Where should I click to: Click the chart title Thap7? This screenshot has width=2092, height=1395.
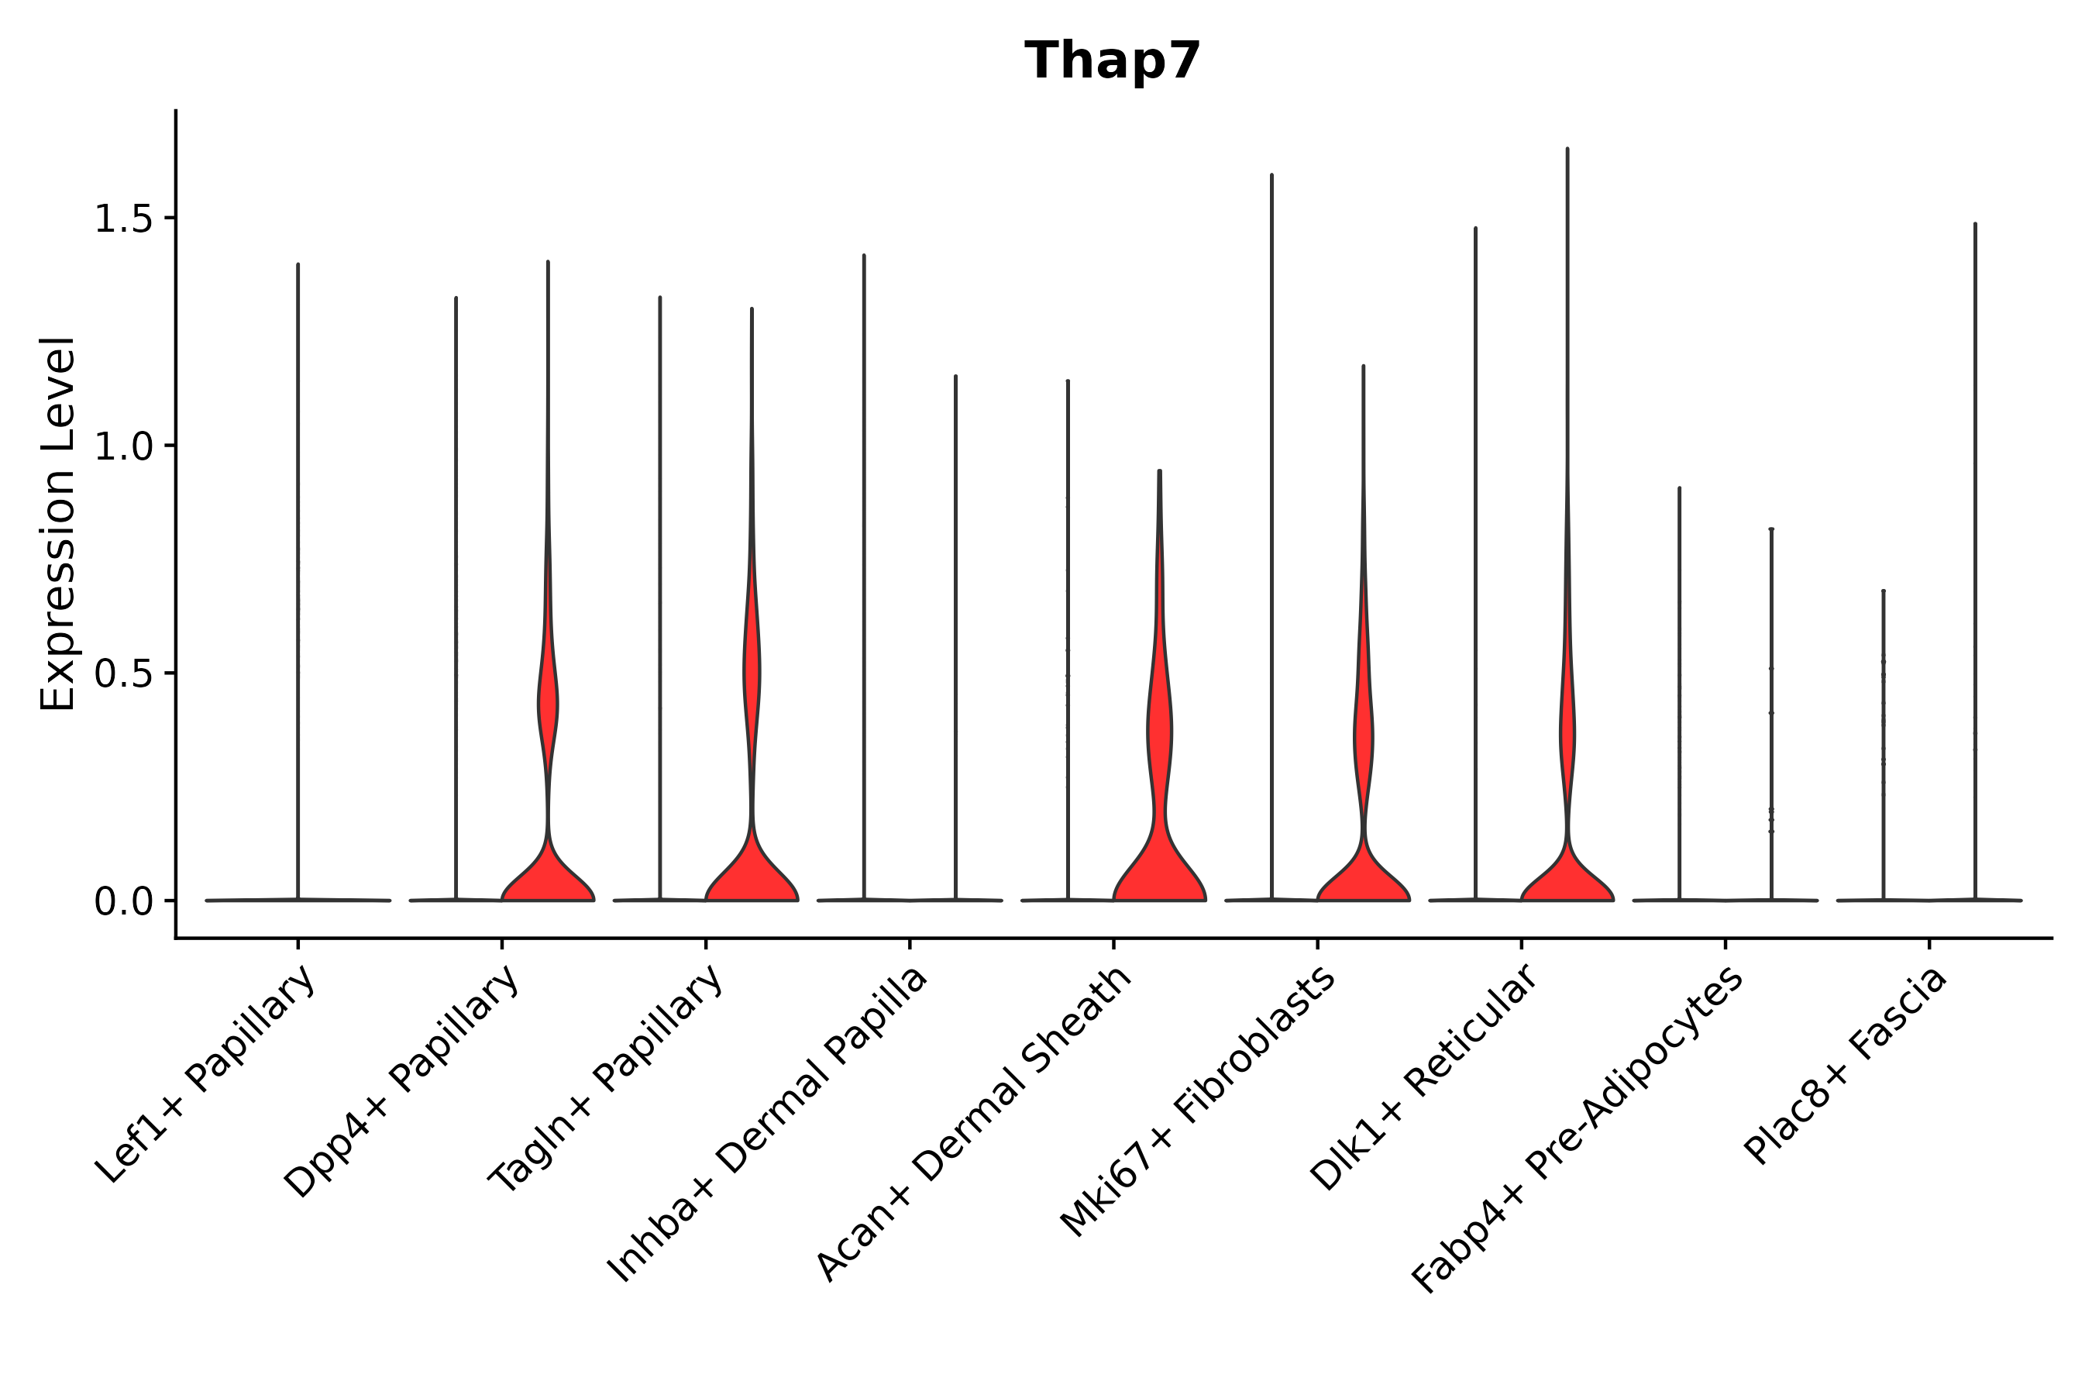pos(1112,61)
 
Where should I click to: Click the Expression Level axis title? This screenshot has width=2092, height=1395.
pos(58,523)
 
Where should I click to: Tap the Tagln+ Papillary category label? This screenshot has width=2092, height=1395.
pos(606,1080)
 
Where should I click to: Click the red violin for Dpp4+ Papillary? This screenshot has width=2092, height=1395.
pos(548,877)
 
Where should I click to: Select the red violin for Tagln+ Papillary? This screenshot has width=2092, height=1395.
pos(752,877)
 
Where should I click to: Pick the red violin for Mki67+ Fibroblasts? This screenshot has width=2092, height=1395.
pos(1363,877)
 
